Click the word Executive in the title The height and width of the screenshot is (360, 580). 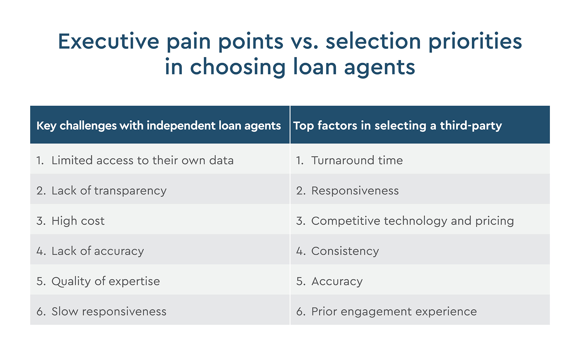[109, 41]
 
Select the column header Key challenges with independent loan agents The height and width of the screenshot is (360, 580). [159, 126]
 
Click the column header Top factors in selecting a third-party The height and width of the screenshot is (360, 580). [397, 126]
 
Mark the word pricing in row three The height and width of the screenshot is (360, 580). [495, 221]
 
